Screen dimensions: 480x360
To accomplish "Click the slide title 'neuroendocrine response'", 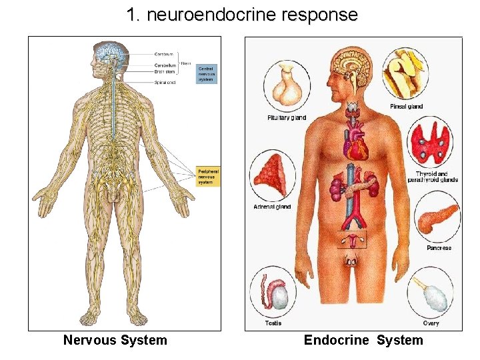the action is click(x=242, y=15).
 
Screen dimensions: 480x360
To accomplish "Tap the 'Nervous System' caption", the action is click(x=115, y=340).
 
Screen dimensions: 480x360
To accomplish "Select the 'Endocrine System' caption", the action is click(x=363, y=340).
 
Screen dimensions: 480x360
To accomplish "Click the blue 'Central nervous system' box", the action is click(x=206, y=73).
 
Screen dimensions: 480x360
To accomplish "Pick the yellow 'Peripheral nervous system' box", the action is click(x=207, y=176).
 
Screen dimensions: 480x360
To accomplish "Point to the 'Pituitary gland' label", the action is click(x=287, y=117).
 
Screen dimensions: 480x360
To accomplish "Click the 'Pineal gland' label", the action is click(x=406, y=107).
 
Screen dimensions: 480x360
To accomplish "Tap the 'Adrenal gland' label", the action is click(x=272, y=207).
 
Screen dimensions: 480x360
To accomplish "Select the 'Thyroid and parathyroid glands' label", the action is click(x=437, y=177).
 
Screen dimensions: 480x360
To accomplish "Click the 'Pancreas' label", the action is click(x=439, y=248).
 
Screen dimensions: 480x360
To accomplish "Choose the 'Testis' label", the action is click(x=273, y=323).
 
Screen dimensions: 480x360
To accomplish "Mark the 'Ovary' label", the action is click(x=431, y=323).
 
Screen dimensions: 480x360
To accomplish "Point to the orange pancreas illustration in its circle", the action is click(x=437, y=217).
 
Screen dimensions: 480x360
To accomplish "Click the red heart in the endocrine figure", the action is click(x=355, y=143).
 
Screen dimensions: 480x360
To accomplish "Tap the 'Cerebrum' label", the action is click(x=163, y=54).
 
